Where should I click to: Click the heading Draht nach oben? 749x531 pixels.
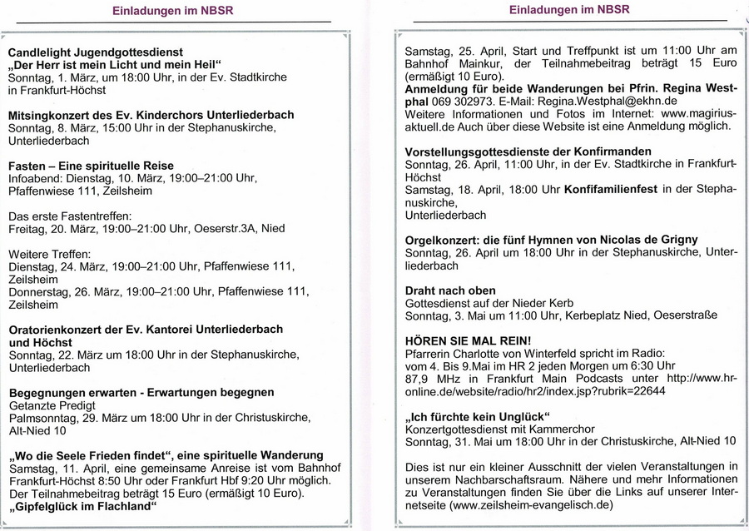[449, 290]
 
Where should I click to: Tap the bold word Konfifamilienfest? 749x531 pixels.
[610, 189]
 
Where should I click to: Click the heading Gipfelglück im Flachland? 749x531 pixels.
[84, 506]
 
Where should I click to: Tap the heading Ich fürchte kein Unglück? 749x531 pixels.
[479, 415]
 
